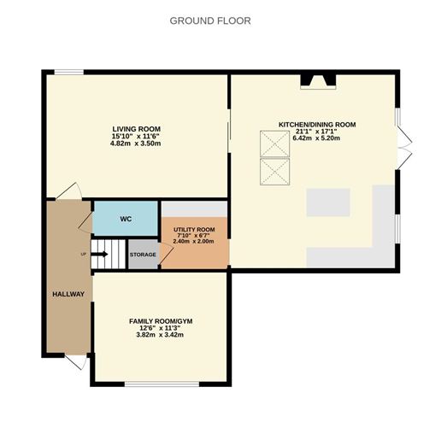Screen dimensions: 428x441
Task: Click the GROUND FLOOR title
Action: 210,21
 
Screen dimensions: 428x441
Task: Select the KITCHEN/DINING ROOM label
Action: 316,125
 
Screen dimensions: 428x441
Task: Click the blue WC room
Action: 125,219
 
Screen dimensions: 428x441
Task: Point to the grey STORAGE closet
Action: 143,255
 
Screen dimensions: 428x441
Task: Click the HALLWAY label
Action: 68,295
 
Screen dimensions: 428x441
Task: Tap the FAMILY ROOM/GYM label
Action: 161,321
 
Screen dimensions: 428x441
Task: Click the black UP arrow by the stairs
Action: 89,254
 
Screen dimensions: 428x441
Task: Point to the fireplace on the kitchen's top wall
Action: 317,82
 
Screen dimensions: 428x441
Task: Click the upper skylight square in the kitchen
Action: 274,144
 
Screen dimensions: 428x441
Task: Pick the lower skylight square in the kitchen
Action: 274,173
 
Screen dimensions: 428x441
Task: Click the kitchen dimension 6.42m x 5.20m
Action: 316,139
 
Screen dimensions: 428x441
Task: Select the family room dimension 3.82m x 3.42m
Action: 161,336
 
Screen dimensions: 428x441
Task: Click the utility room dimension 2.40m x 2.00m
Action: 193,242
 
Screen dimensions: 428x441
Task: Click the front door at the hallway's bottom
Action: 75,363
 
